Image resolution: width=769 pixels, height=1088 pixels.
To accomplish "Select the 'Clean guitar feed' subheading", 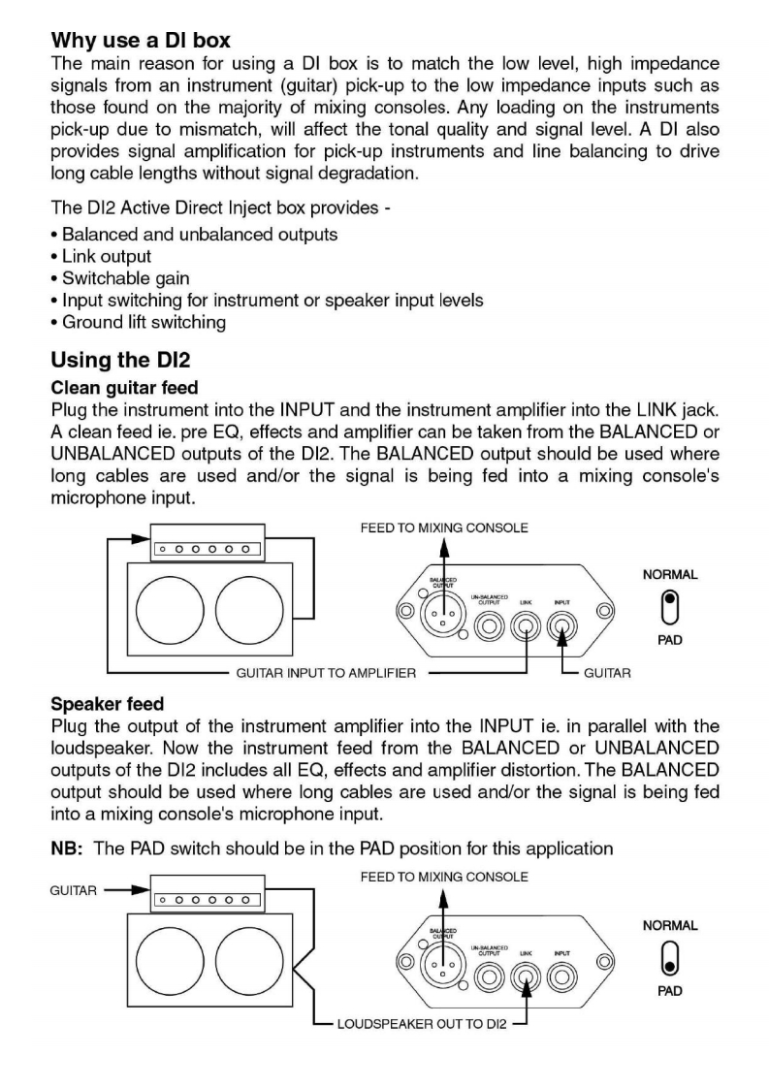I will click(x=123, y=388).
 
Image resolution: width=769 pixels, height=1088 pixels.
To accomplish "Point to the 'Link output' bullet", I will click(x=106, y=256).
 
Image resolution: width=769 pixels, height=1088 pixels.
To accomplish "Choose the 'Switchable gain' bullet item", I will click(x=125, y=278).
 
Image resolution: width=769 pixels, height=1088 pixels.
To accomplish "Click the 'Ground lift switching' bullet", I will click(x=144, y=322).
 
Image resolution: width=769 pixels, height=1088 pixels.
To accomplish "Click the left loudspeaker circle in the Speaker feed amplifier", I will click(x=170, y=965).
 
